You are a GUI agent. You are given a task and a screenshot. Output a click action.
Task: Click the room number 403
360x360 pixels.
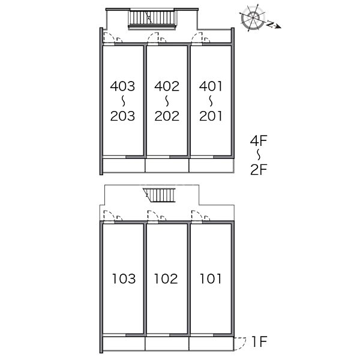[122, 86]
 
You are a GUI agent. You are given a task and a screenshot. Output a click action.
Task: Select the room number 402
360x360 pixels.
[167, 86]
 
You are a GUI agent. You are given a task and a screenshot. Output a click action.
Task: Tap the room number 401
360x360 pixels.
[211, 86]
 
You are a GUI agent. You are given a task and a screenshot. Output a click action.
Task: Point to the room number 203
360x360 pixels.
[122, 116]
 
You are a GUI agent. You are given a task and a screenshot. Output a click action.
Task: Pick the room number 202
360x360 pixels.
[167, 116]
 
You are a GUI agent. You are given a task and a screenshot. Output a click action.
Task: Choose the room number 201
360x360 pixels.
[211, 116]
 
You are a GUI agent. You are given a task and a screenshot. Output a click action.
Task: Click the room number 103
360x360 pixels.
[124, 278]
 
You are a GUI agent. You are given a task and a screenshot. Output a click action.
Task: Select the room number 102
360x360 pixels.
[166, 278]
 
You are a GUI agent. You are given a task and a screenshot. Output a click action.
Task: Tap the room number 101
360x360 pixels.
[211, 278]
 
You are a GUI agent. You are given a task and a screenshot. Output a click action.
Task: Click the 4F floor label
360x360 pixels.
[259, 141]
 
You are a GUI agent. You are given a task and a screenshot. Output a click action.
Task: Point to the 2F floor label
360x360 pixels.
[259, 170]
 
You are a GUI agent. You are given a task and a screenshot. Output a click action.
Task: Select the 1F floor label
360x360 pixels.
[259, 341]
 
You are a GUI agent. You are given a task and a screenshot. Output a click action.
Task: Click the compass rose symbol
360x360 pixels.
[253, 17]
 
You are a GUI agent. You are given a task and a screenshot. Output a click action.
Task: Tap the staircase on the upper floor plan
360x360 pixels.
[152, 19]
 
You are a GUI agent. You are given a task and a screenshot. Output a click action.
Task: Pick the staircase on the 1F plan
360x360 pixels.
[159, 195]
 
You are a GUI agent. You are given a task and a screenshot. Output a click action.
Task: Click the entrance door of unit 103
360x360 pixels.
[109, 216]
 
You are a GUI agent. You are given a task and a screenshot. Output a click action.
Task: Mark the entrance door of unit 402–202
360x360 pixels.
[153, 38]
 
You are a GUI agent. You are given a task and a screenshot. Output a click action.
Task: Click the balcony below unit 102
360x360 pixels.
[167, 344]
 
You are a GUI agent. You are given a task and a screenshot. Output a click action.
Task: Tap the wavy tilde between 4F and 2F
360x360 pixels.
[259, 155]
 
